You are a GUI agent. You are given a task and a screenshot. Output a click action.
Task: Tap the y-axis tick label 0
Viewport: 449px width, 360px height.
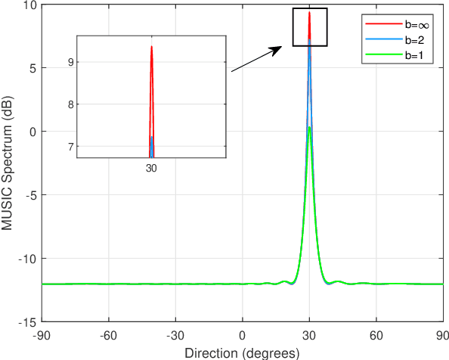pyautogui.click(x=33, y=132)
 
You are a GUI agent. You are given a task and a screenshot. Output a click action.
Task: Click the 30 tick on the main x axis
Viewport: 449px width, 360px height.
pyautogui.click(x=310, y=334)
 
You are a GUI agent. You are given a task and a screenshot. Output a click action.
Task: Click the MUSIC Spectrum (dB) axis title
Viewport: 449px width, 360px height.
pyautogui.click(x=8, y=163)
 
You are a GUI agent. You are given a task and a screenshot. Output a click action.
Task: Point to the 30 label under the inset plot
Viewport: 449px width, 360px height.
pyautogui.click(x=151, y=168)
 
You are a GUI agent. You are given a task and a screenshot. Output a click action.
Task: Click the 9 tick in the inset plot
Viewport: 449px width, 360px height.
pyautogui.click(x=72, y=62)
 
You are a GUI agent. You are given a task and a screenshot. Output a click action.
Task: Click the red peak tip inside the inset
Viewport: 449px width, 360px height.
pyautogui.click(x=151, y=47)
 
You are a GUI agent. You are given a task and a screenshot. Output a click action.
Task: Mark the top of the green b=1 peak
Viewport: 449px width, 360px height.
pyautogui.click(x=310, y=128)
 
